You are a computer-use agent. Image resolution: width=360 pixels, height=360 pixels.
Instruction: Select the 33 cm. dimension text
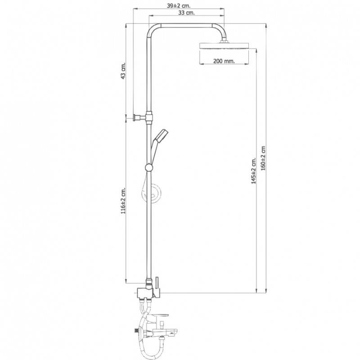(186, 13)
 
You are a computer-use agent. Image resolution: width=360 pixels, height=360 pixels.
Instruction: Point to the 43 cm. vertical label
(123, 71)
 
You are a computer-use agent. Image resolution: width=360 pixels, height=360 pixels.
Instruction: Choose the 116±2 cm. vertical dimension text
(123, 201)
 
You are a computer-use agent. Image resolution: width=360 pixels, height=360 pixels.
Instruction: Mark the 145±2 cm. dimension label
(253, 171)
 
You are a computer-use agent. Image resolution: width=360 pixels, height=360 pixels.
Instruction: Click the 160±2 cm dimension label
(263, 158)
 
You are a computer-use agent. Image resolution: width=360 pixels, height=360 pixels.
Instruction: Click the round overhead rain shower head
(224, 46)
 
